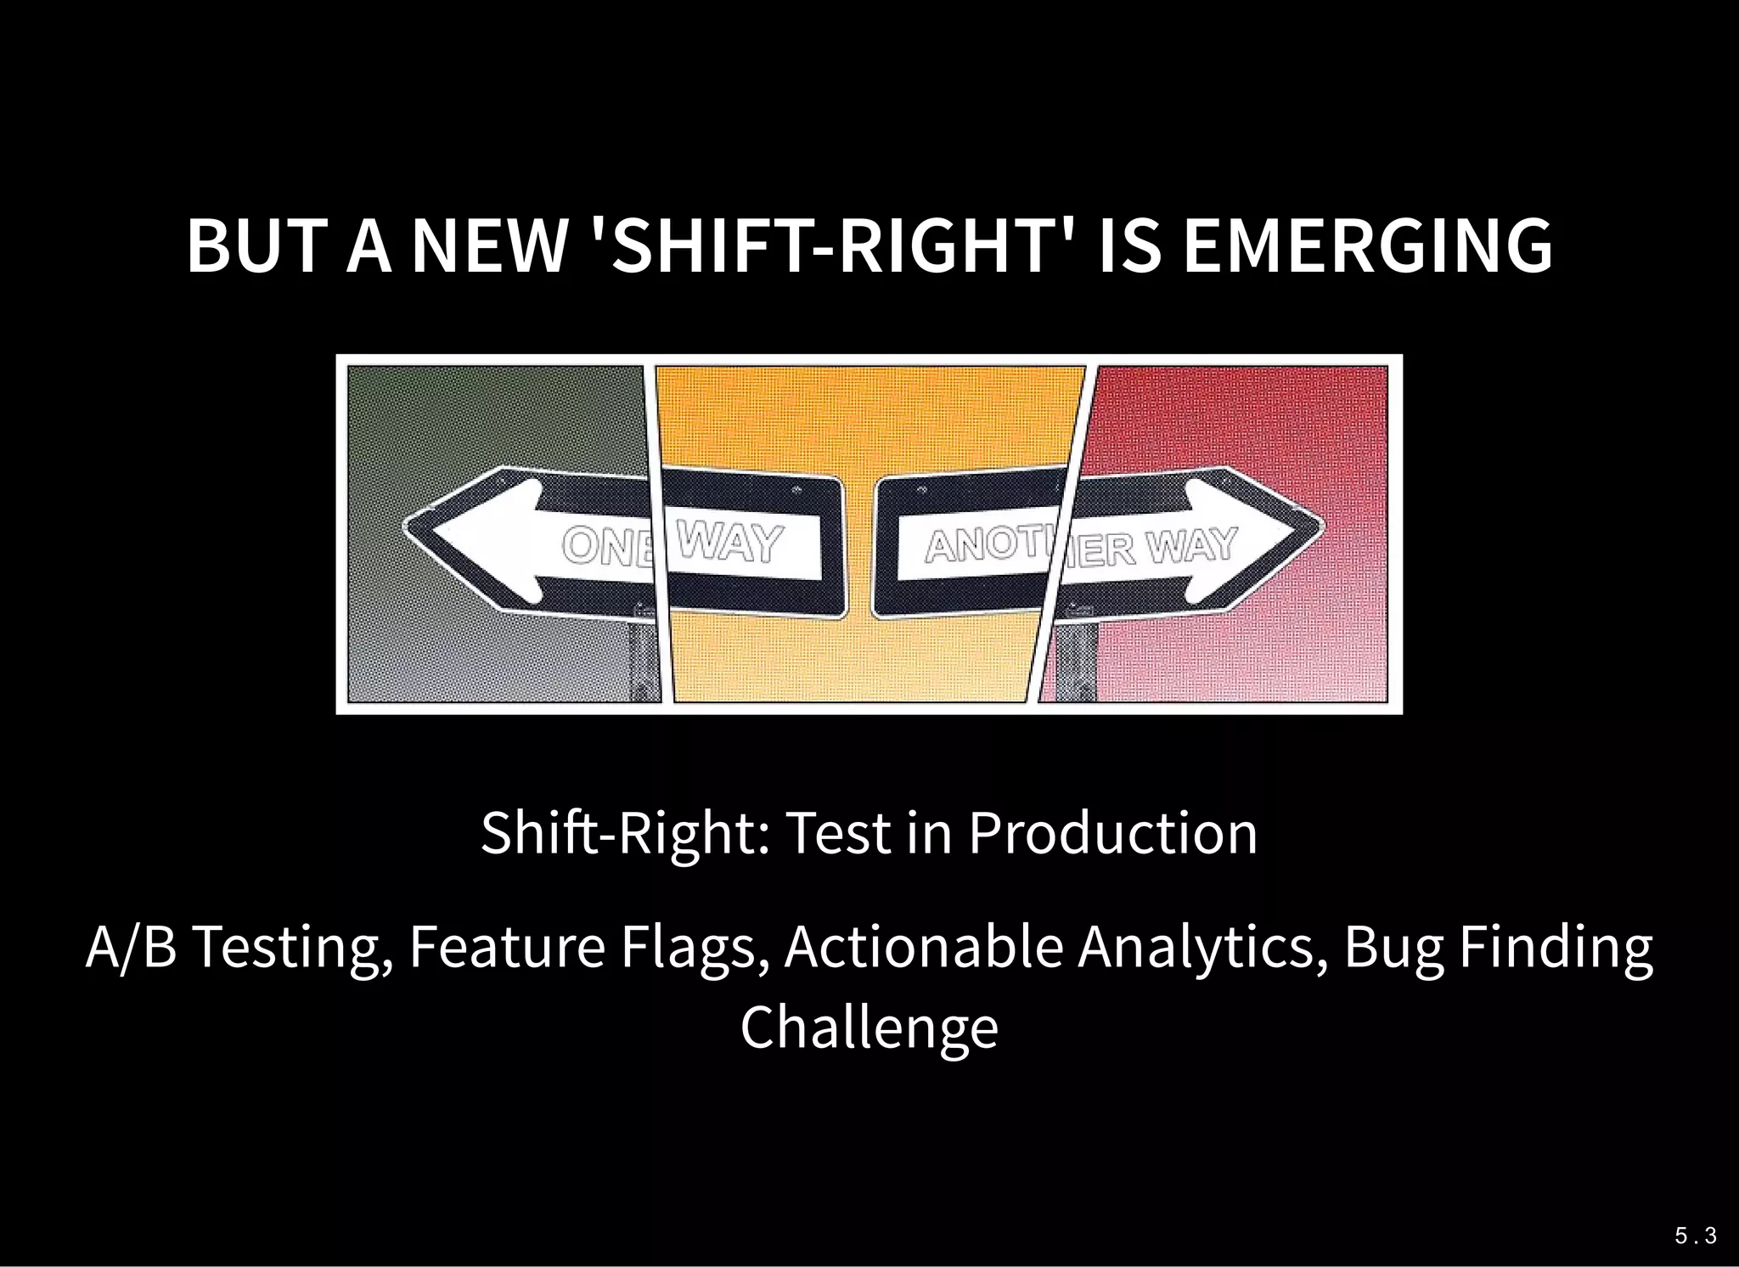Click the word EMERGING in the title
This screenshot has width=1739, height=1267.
tap(1367, 246)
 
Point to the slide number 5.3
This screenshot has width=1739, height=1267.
tap(1695, 1236)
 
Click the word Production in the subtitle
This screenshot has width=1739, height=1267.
tap(1112, 833)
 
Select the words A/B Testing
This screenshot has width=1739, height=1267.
tap(239, 948)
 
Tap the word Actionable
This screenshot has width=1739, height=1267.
tap(924, 948)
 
